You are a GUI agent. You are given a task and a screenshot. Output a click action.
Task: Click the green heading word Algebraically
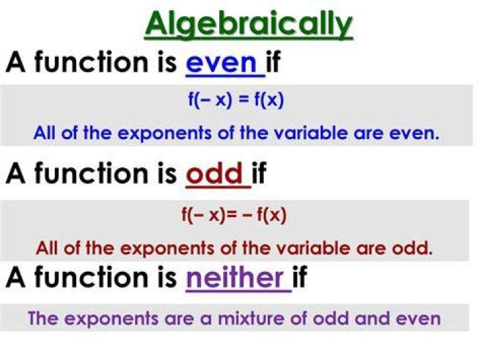[249, 24]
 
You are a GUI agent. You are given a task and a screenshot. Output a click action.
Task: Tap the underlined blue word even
[221, 63]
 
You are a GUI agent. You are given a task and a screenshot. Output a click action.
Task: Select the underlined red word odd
[214, 173]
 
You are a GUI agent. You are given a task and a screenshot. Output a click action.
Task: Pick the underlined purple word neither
[234, 277]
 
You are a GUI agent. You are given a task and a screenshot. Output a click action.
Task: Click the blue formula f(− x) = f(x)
[236, 100]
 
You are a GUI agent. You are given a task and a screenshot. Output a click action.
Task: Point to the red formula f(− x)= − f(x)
[234, 214]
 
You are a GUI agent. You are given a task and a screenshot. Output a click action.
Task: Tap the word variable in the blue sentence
[311, 133]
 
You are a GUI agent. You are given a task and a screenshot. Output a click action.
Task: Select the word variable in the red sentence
[313, 248]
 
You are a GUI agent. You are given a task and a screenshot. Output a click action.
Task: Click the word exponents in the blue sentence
[164, 134]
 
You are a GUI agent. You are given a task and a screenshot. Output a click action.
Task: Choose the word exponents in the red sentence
[167, 248]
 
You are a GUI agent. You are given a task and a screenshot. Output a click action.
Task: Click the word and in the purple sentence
[372, 318]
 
